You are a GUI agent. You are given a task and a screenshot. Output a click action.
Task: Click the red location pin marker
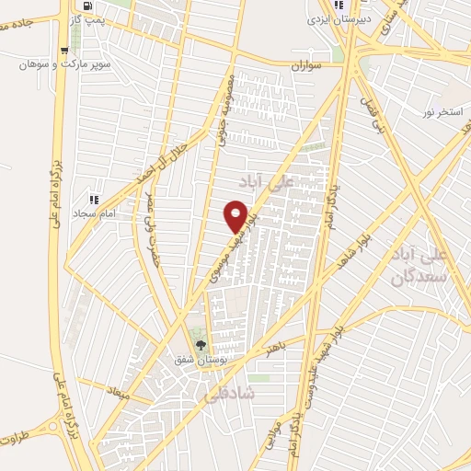click(x=236, y=215)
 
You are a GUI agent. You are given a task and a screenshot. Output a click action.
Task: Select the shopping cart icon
click(x=63, y=51)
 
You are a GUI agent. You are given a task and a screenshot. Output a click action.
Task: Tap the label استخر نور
click(x=441, y=111)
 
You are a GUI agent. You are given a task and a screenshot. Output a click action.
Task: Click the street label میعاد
click(x=120, y=393)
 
